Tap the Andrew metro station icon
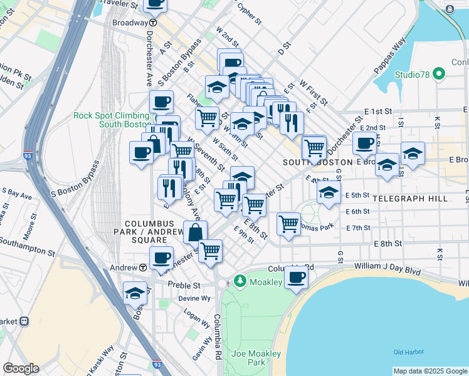coord(143,267)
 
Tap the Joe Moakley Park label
coord(256,358)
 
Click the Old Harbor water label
coord(408,352)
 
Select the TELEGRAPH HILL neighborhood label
coord(409,198)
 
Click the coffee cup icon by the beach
coord(297,276)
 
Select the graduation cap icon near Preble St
coord(135,293)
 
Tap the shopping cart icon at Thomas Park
coord(288,222)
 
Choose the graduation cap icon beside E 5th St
coord(328,194)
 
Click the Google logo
coord(21,368)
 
